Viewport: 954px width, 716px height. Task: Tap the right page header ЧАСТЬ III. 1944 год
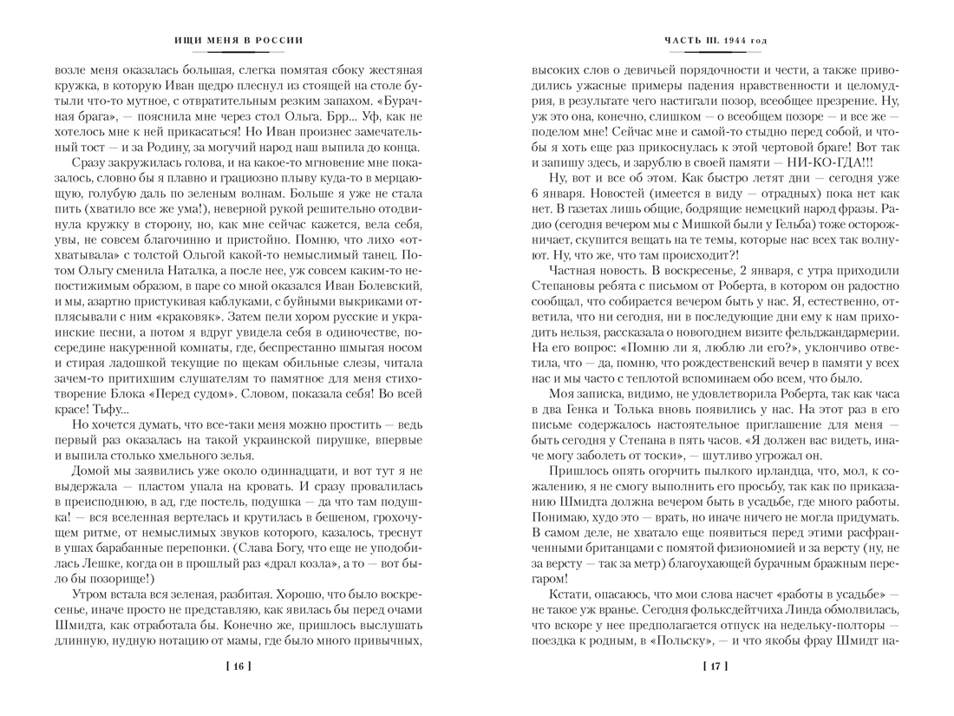(715, 40)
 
